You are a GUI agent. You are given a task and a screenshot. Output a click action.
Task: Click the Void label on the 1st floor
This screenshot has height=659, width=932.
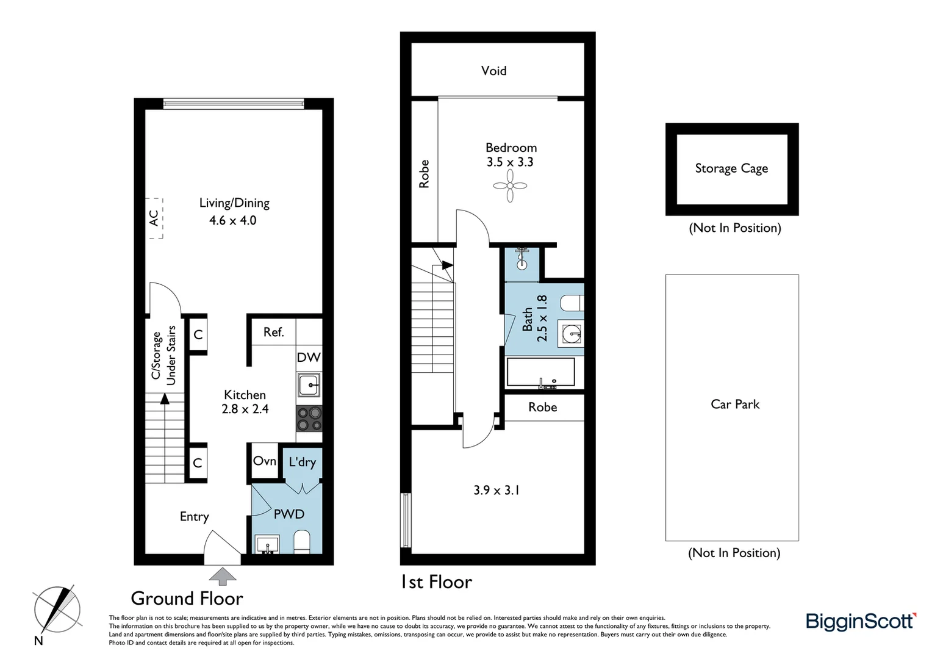(493, 71)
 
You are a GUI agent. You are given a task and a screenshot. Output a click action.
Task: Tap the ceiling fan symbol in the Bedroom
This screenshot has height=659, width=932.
(510, 185)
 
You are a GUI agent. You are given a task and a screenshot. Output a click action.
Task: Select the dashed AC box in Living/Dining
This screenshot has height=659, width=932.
(154, 218)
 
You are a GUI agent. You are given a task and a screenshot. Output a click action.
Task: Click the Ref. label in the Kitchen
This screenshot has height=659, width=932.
(273, 332)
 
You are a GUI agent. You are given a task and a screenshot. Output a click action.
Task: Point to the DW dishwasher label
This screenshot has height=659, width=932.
(309, 357)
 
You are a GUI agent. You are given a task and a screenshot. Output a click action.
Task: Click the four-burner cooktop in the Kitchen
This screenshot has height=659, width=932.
(309, 419)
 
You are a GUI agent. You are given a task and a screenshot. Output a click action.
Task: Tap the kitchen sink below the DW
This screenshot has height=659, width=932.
(309, 385)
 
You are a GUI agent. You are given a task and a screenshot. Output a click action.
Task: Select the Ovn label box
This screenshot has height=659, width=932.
(265, 461)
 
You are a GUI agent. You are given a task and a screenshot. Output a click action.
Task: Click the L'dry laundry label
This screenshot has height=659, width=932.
(303, 462)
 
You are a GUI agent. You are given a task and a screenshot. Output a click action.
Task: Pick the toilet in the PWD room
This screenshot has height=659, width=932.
(302, 541)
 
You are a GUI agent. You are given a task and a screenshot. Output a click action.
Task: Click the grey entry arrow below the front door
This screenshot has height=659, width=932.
(223, 576)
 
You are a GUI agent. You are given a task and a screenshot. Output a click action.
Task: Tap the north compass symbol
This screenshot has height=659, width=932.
(57, 610)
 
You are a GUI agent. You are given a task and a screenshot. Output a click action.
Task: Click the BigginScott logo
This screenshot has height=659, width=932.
(861, 621)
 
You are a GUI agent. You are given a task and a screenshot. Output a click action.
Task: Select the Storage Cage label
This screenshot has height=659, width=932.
(731, 168)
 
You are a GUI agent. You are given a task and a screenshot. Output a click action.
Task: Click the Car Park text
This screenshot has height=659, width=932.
(735, 404)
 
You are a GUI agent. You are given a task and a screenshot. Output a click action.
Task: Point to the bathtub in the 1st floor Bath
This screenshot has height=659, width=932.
(540, 372)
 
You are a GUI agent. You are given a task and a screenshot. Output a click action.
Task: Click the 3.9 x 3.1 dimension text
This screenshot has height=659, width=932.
(496, 490)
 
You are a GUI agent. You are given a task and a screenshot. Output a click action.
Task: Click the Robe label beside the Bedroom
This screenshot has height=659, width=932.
(425, 174)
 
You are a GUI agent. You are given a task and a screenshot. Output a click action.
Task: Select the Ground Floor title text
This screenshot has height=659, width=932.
(187, 598)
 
